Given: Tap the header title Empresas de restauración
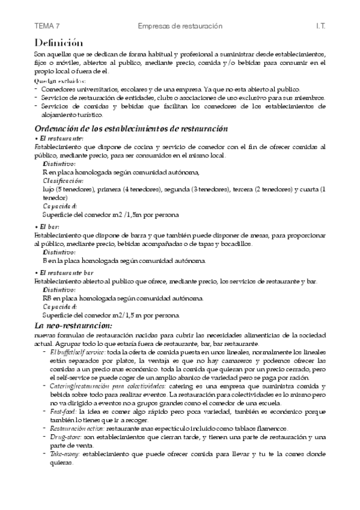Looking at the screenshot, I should click(180, 26).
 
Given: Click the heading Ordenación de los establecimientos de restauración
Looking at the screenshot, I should click(131, 129).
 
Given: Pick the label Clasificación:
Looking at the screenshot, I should click(63, 180).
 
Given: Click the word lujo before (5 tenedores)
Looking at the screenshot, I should click(49, 189).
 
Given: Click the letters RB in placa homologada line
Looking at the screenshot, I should click(47, 298).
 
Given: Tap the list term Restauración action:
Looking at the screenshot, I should click(73, 428).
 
